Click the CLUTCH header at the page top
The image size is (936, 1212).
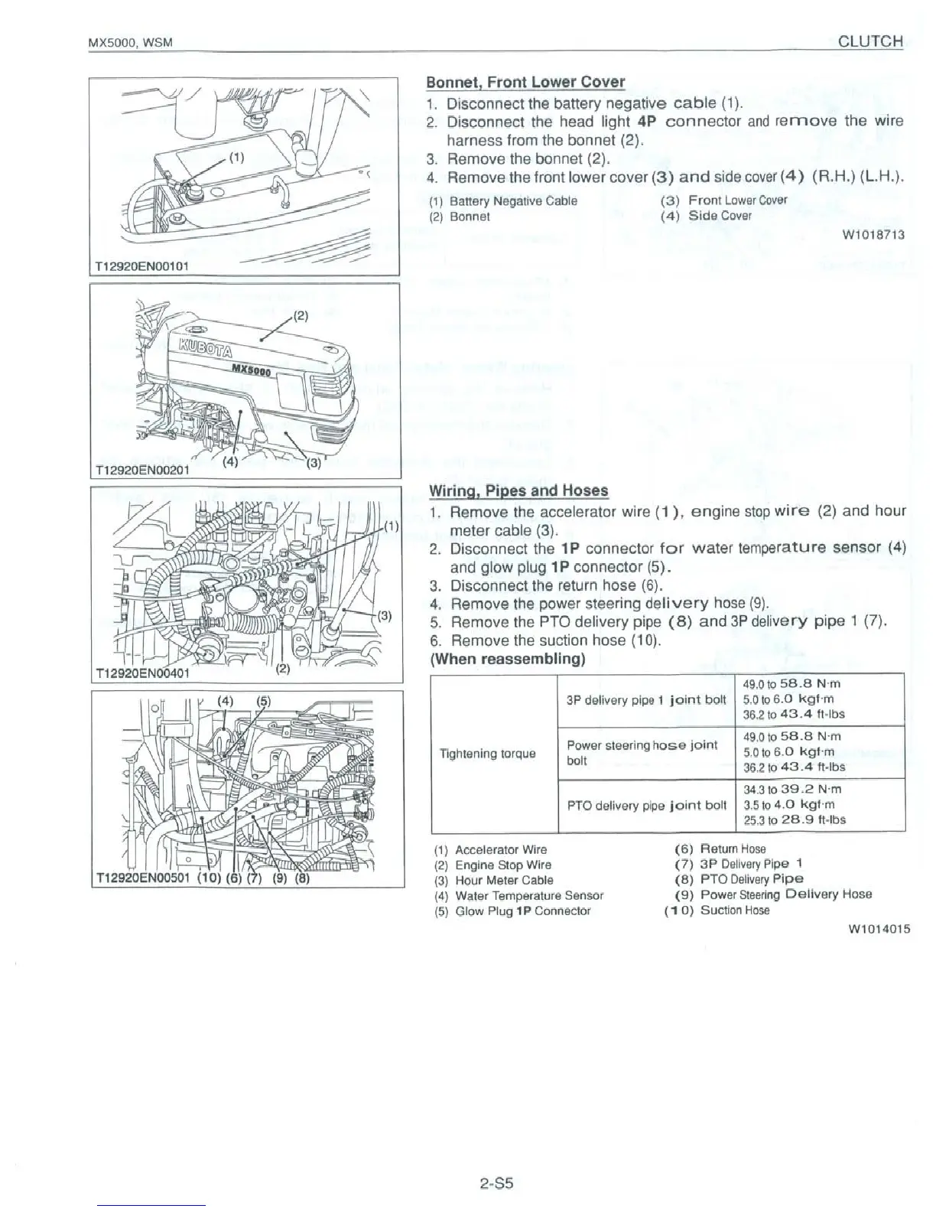coord(870,41)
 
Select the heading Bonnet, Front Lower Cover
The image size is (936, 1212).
coord(525,82)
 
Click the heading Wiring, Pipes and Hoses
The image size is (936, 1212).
coord(518,490)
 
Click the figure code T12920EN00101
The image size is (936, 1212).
coord(141,266)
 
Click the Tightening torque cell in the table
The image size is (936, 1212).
coord(487,754)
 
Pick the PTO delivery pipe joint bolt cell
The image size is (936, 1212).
coord(646,805)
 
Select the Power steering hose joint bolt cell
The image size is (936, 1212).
coord(642,752)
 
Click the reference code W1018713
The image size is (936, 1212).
coord(873,234)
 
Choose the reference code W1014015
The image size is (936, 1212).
coord(879,930)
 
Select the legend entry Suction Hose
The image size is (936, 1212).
coord(734,911)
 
